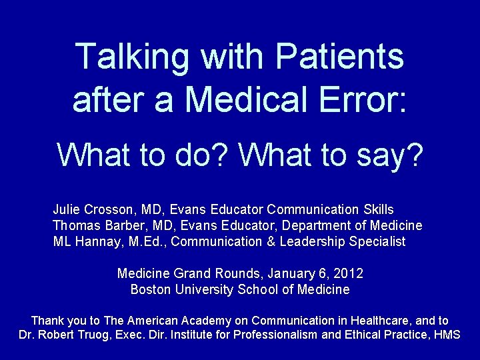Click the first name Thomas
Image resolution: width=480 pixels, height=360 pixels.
click(75, 225)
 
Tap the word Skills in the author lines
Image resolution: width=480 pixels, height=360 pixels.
click(377, 209)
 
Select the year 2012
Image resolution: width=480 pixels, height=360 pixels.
click(349, 273)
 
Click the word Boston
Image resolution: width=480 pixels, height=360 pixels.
click(149, 289)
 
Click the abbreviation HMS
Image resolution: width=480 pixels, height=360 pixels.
click(447, 335)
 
